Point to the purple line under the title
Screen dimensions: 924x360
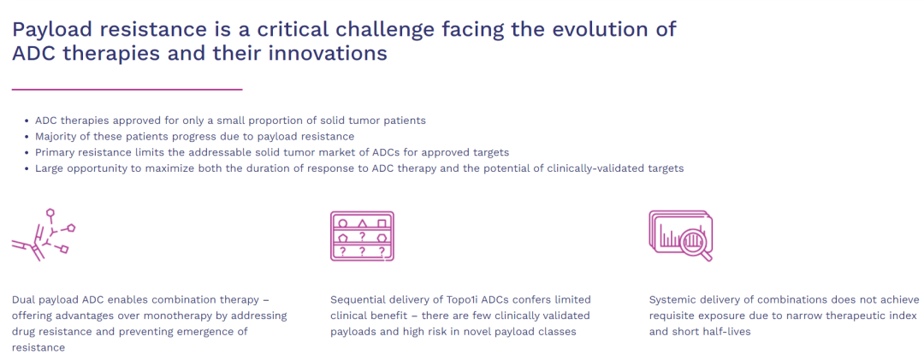(127, 90)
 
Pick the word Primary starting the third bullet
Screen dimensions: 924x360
(53, 152)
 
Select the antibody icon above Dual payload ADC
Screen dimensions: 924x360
(44, 234)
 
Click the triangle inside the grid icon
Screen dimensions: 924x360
(363, 224)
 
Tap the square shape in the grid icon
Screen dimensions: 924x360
(382, 224)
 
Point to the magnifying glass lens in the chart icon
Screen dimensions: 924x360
(692, 242)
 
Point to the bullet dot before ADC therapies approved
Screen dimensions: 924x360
(27, 121)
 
